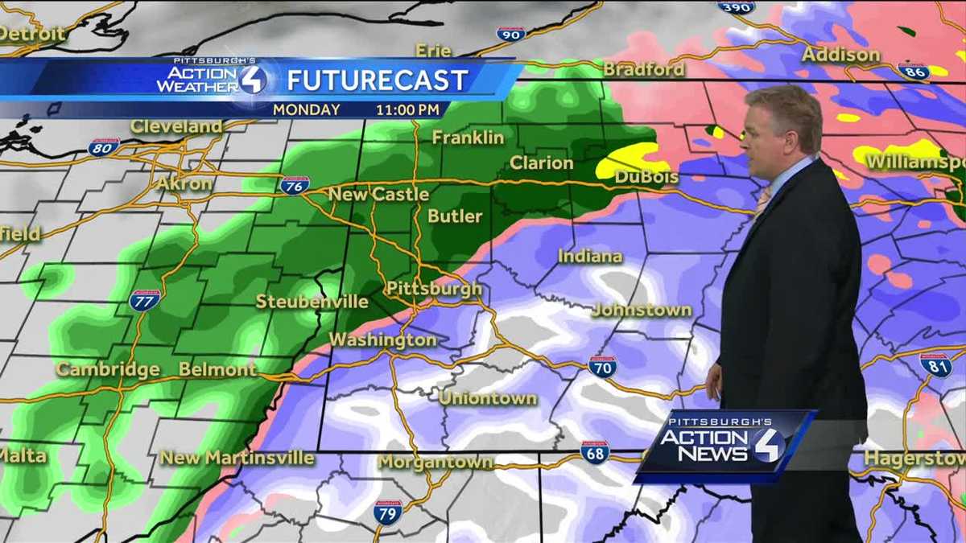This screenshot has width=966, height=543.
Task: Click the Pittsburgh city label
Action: point(434,289)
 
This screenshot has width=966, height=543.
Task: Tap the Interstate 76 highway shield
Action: point(295,185)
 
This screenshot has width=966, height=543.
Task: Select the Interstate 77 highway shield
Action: point(144,300)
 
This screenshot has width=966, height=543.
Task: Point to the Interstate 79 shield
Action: point(387,512)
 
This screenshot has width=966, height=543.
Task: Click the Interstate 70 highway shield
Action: point(601,367)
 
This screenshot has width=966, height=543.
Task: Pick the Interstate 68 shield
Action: point(595,452)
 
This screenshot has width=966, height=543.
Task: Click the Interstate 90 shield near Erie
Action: point(510,34)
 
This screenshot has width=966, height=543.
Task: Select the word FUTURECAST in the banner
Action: point(378,80)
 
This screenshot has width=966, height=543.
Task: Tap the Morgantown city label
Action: point(435,463)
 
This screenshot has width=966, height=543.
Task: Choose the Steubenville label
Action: point(312,302)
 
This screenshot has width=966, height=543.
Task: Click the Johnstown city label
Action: point(642,310)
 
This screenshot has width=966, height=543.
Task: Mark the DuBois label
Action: point(646,177)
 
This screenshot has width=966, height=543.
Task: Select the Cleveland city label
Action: point(176,126)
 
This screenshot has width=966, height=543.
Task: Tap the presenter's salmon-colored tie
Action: point(762,200)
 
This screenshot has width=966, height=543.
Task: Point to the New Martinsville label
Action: point(237,458)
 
